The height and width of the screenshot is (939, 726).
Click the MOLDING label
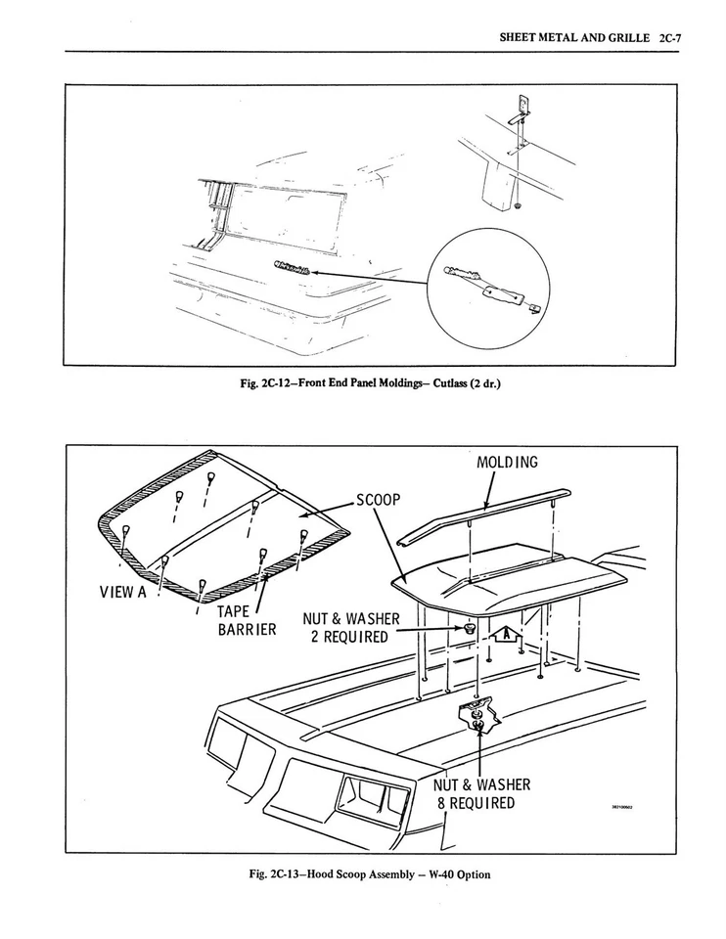click(507, 462)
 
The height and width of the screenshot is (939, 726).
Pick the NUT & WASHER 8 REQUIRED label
click(480, 794)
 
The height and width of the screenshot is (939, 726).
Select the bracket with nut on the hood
click(478, 715)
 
